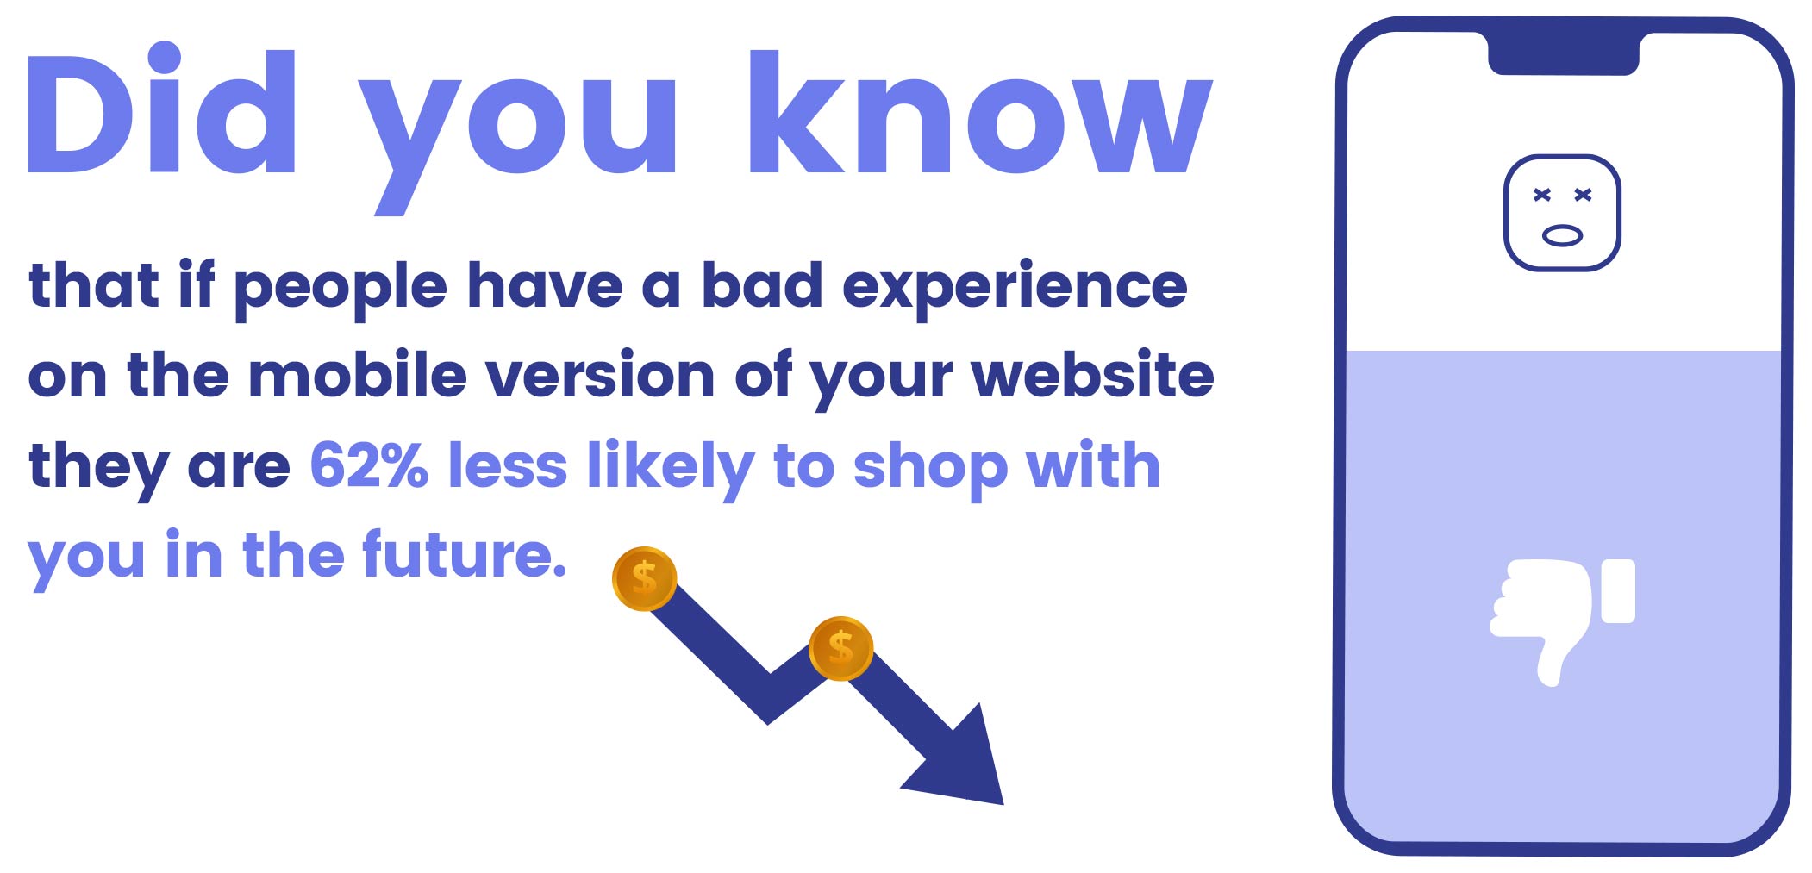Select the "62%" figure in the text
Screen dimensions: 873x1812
368,465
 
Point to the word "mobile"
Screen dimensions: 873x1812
358,376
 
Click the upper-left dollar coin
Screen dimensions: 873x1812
644,578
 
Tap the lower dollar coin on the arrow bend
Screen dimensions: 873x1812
840,648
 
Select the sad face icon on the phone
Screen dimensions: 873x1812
1562,213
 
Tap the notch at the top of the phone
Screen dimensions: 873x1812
1563,54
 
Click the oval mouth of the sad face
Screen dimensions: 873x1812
1562,234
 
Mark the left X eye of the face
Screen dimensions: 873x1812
1542,195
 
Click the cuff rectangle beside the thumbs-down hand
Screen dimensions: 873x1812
1618,591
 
